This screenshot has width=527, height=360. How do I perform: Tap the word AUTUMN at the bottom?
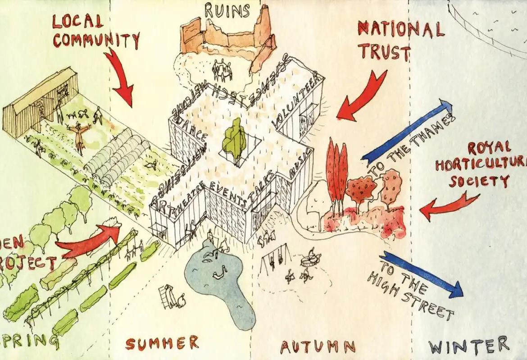318,346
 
